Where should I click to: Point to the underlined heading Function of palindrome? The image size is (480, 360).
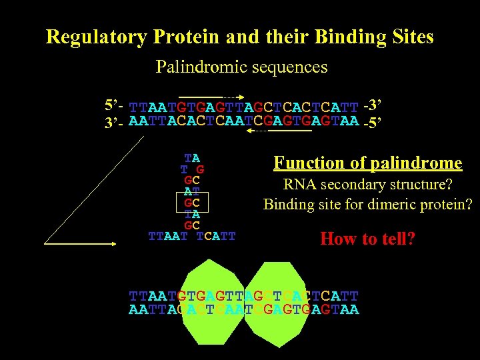click(368, 163)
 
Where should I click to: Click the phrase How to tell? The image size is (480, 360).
click(367, 239)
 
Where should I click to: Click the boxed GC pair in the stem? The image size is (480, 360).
click(192, 203)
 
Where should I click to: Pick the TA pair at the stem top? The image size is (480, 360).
click(192, 158)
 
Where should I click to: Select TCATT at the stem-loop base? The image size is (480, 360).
click(216, 236)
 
